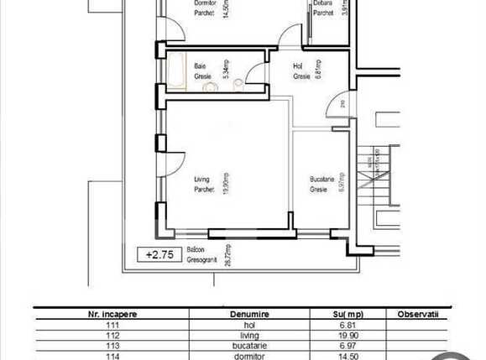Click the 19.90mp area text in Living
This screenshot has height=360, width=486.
[224, 184]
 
